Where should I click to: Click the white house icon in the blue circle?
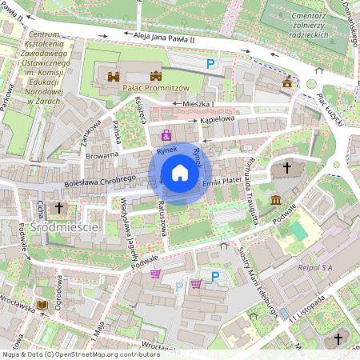pyautogui.click(x=180, y=172)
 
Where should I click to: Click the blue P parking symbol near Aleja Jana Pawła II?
pyautogui.click(x=211, y=64)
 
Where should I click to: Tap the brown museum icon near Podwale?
pyautogui.click(x=276, y=199)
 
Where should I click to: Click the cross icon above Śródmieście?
pyautogui.click(x=58, y=208)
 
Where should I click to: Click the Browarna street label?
pyautogui.click(x=102, y=151)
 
